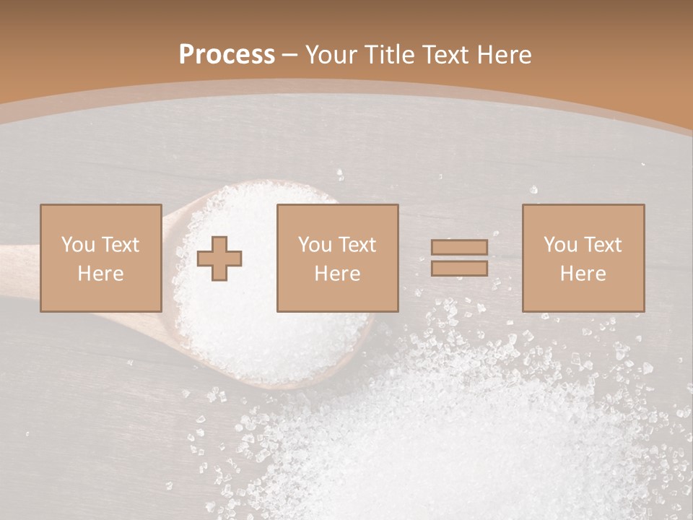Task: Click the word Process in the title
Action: pos(227,55)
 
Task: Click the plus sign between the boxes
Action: pos(219,258)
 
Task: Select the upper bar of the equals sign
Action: pos(459,248)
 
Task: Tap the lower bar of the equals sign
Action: pos(459,269)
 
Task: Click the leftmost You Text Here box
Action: pos(101,258)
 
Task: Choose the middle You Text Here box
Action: pos(337,258)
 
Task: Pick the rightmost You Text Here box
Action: pos(583,258)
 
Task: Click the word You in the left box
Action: pos(77,245)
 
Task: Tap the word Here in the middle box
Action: pos(337,274)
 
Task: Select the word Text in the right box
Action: pos(602,245)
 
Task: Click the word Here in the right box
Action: pos(583,274)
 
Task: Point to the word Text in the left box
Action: pos(119,245)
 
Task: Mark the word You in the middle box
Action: pos(314,245)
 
